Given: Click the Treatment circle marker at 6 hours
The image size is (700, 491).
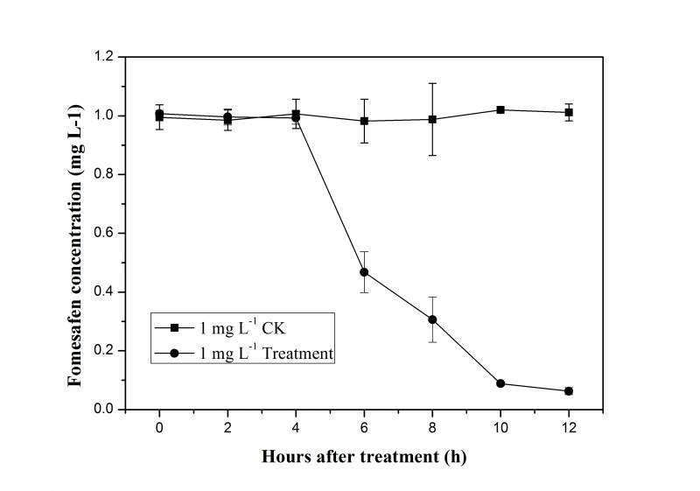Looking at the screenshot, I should (x=364, y=272).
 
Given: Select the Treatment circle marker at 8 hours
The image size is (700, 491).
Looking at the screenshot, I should (x=432, y=319).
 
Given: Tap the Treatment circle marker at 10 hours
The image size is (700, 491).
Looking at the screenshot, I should (x=500, y=383).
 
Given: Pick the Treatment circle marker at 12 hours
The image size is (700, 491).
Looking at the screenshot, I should (x=569, y=391).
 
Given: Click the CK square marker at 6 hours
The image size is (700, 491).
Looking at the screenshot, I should (x=364, y=121).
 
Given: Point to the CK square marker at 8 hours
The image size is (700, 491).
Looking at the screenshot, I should (x=432, y=119).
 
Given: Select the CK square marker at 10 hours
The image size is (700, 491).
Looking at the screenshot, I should (x=500, y=109).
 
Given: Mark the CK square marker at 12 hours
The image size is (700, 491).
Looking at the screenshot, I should (x=569, y=112).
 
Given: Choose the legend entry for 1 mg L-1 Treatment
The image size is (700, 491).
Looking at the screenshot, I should (x=254, y=353).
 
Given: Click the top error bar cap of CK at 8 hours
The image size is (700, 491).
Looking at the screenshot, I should (x=432, y=83).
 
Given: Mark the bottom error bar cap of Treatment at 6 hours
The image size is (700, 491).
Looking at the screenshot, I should (x=364, y=292).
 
